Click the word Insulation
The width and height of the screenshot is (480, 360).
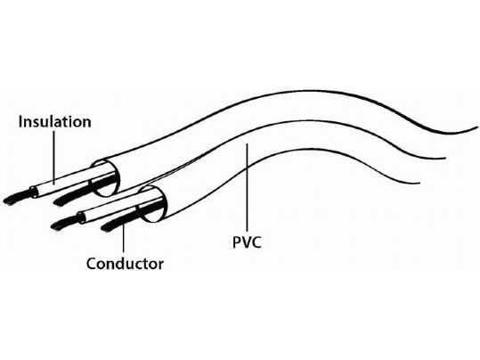[x=55, y=122]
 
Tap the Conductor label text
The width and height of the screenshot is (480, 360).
[x=125, y=264]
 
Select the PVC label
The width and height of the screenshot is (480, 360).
[x=247, y=242]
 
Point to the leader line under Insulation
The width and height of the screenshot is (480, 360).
[x=54, y=158]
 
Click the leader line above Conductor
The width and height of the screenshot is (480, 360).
[x=124, y=238]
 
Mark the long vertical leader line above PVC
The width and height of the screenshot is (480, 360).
[x=247, y=188]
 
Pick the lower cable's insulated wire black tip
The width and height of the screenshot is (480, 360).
[x=66, y=223]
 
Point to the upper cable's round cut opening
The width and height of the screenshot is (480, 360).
[x=106, y=178]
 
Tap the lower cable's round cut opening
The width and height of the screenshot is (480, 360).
[x=154, y=204]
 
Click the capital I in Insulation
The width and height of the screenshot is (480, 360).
[x=20, y=122]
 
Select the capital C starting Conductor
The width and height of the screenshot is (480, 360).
[x=92, y=264]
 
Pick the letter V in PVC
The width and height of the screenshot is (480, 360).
[x=247, y=242]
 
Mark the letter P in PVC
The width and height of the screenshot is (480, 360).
[x=237, y=242]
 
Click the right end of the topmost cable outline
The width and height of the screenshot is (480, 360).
[x=476, y=127]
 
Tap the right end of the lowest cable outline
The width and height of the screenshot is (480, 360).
[x=419, y=184]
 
